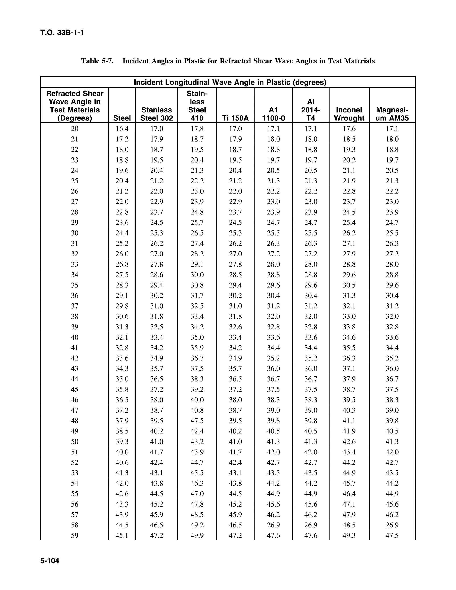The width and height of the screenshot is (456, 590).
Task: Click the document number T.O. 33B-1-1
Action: coord(62,33)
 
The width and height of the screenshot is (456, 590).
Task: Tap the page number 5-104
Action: coord(50,561)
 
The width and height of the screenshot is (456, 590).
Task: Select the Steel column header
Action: coord(122,118)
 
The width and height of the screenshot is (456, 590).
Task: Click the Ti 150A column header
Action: coord(235,118)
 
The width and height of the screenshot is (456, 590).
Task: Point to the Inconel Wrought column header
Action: coord(349,114)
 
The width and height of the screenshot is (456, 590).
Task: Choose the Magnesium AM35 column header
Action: coord(392,114)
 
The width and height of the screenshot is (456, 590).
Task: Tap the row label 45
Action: coord(75,389)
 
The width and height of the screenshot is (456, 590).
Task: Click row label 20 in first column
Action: coord(75,129)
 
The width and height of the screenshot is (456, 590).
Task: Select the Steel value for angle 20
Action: coord(122,129)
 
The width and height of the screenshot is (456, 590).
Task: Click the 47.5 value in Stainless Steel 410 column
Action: coord(197,421)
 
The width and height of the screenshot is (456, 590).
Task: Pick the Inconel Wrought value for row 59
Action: coord(349,535)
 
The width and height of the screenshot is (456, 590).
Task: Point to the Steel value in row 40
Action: coord(122,337)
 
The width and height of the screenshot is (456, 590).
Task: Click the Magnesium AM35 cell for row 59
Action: coord(392,535)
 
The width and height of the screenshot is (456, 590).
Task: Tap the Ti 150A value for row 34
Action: coord(235,275)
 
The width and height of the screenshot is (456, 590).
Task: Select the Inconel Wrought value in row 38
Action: coord(349,316)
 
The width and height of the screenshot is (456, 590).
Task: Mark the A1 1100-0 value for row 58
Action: coord(273,525)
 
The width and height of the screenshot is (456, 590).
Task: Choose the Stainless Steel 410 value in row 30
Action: coord(197,233)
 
